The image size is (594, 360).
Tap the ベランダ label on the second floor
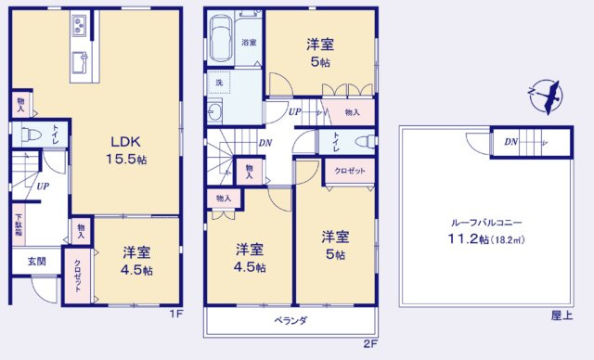coord(291,320)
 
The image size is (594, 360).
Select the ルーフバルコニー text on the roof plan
coord(486,224)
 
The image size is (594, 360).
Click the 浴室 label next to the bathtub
coord(250,43)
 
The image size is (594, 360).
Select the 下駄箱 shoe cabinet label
coord(18,225)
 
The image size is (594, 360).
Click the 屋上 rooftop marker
coord(560,315)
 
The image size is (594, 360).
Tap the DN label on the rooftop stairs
coord(510,142)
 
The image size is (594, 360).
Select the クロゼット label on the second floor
coord(349,172)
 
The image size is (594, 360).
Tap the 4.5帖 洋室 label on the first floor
coord(136,260)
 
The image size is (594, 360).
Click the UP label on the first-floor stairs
coord(43,186)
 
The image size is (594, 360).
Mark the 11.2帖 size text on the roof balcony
coord(470,239)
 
